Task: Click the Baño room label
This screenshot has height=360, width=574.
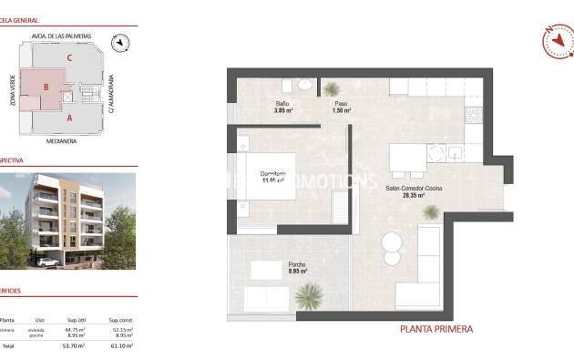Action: [282, 104]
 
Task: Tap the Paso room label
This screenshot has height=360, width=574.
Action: [342, 104]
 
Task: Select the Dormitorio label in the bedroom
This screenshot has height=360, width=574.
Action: [273, 174]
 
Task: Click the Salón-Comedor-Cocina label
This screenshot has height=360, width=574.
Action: [412, 189]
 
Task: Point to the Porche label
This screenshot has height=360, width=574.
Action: [297, 266]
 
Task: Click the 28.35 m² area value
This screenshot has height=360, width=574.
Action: [413, 195]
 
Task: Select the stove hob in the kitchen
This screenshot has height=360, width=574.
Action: [473, 116]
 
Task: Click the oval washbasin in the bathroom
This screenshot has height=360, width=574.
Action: [305, 86]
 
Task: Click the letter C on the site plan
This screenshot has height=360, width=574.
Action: [68, 57]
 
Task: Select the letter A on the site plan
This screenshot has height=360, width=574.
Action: [69, 118]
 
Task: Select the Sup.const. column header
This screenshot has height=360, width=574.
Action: [121, 320]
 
